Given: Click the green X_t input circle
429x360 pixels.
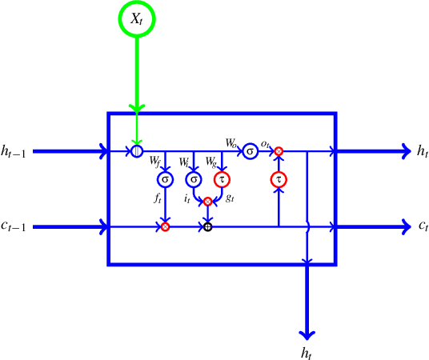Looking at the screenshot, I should [138, 19].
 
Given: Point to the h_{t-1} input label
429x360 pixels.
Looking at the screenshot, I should [14, 151].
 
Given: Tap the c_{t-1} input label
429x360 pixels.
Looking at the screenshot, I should [14, 228].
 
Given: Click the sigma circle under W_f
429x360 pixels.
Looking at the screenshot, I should [165, 178].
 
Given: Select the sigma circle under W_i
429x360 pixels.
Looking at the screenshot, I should [194, 178].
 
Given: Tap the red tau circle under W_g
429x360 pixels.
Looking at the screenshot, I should [222, 178].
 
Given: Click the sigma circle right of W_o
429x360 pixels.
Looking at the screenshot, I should [250, 150].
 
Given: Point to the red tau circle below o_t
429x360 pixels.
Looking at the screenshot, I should [279, 179].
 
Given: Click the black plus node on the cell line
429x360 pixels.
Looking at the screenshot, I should [207, 227].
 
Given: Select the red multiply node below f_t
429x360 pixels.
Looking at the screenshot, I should [165, 227].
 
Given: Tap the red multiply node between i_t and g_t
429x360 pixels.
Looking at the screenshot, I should [207, 202].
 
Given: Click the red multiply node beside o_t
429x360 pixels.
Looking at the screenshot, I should [279, 150].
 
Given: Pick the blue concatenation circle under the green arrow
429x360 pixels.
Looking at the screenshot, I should [138, 150].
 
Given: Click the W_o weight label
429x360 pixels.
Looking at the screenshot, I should [232, 144].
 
